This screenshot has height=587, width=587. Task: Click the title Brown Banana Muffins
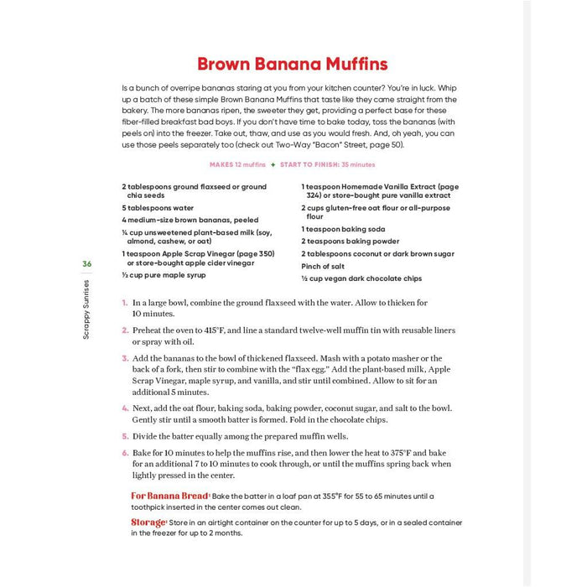click(293, 65)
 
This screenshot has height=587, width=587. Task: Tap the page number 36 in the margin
click(87, 264)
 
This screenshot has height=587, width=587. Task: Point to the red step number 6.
click(124, 452)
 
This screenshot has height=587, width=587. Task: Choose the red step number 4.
click(124, 407)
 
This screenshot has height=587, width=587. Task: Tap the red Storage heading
click(148, 522)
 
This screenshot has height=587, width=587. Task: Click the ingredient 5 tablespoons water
click(158, 207)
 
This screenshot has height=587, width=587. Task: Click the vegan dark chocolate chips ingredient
click(361, 278)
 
